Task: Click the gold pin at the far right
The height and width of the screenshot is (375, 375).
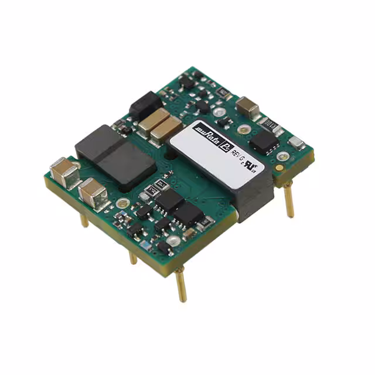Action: (289, 198)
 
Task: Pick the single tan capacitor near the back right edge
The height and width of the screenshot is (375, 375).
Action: (248, 107)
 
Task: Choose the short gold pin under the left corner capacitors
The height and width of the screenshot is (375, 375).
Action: (85, 220)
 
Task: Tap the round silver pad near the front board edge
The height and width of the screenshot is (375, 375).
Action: (173, 240)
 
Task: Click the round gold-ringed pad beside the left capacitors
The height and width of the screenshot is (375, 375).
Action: (122, 203)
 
